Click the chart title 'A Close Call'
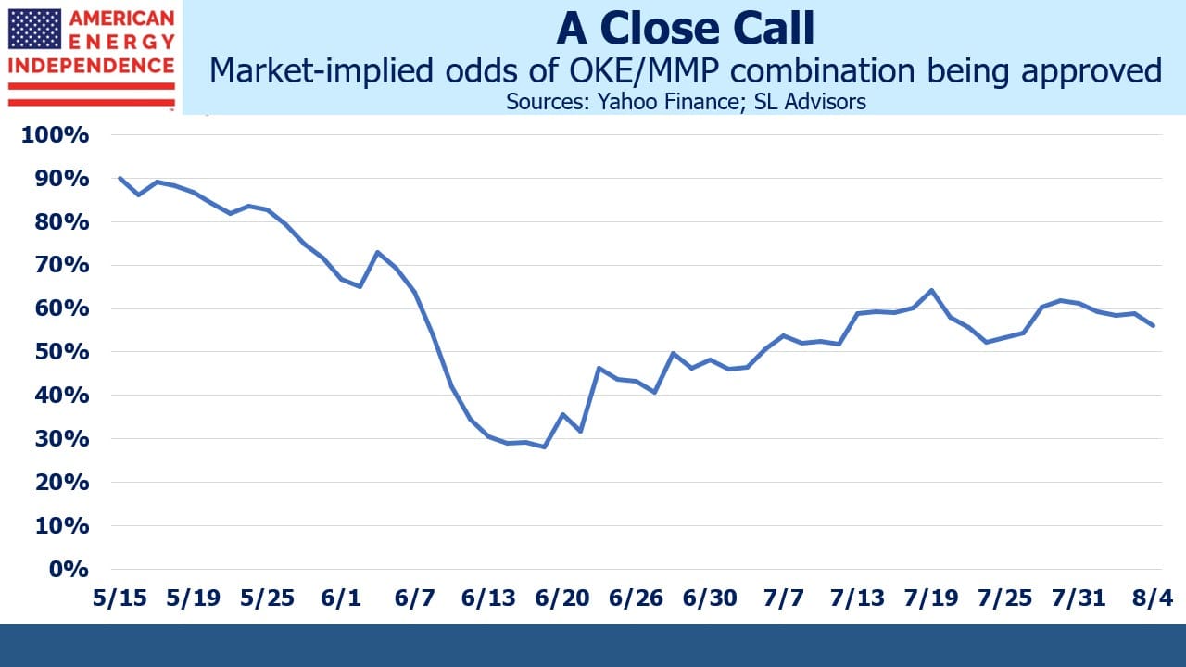point(686,28)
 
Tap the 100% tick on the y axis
point(55,135)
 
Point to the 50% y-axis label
point(62,352)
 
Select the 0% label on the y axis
point(69,570)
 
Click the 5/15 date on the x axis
point(120,598)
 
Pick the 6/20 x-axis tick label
point(562,598)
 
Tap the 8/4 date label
point(1153,598)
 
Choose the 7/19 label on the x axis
point(931,598)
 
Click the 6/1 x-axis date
point(341,598)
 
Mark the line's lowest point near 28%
point(544,447)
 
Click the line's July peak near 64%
point(931,290)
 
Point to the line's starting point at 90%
point(120,178)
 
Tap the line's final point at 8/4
point(1154,325)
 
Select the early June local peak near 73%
point(377,252)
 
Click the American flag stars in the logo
point(34,29)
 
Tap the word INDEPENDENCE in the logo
point(91,66)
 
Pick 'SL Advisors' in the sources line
point(810,102)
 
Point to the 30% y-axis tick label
point(62,439)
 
